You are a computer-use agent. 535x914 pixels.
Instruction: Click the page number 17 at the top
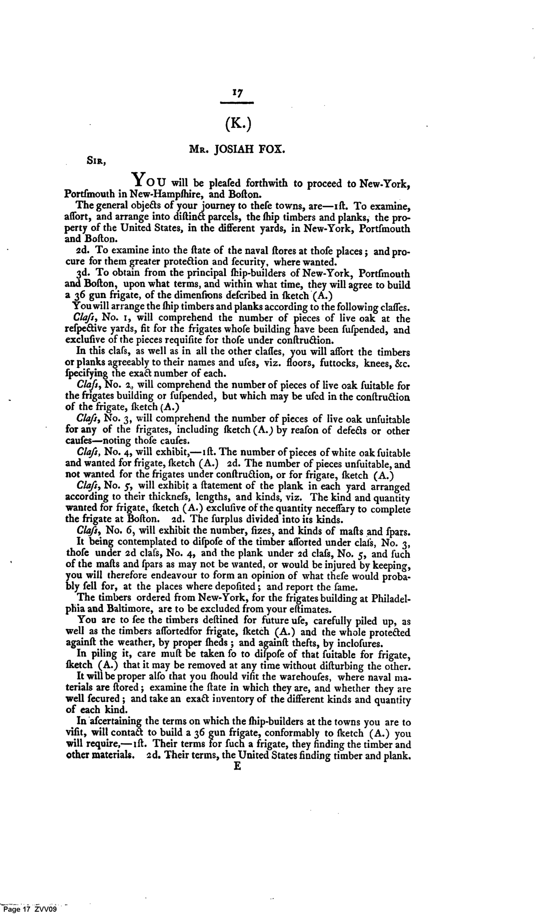[x=237, y=94]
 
